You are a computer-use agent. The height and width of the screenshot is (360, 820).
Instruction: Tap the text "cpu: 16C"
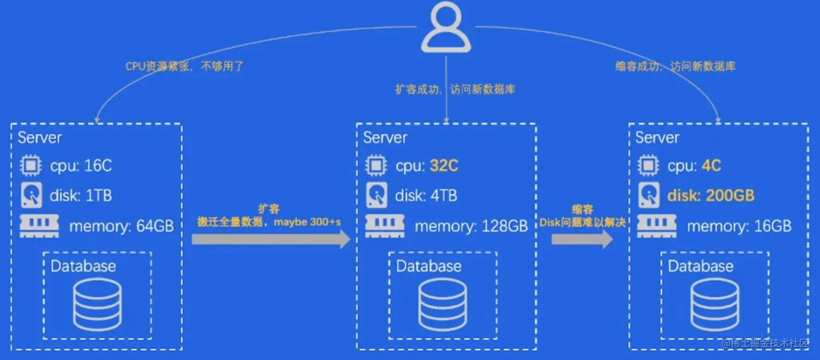click(81, 166)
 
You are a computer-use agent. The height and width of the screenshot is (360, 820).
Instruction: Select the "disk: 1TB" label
click(81, 196)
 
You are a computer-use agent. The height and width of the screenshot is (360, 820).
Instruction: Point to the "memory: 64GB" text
click(121, 226)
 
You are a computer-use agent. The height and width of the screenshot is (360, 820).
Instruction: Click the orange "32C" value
click(444, 166)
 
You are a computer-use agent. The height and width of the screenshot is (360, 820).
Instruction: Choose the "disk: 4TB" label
click(426, 196)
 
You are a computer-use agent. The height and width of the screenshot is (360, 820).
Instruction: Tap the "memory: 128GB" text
click(471, 226)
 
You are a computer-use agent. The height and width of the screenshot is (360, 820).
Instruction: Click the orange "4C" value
click(711, 166)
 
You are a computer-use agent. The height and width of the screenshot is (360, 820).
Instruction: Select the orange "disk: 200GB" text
click(711, 196)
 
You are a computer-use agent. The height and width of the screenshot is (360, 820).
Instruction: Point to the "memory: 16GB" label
click(739, 226)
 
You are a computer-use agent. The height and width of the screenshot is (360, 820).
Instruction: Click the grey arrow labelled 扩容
click(271, 239)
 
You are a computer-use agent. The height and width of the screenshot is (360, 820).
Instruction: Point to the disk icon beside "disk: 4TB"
click(376, 196)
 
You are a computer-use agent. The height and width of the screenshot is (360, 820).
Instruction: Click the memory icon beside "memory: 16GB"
click(651, 226)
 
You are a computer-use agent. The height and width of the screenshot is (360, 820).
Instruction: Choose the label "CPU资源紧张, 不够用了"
click(185, 67)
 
